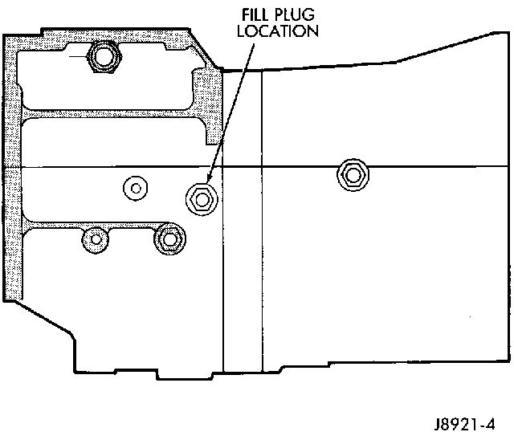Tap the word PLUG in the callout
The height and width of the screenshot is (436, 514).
(x=294, y=14)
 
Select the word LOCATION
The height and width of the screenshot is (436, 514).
(x=278, y=31)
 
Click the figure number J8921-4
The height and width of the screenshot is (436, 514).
(x=464, y=424)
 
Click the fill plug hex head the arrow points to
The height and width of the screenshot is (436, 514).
(x=202, y=199)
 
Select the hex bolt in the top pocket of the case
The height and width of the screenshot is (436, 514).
(x=104, y=56)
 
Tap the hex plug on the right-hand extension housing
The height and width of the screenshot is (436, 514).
(x=353, y=175)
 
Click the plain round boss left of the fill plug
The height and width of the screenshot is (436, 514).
(x=136, y=188)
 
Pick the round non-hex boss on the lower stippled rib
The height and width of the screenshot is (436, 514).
(x=96, y=239)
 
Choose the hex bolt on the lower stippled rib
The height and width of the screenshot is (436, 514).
(x=169, y=239)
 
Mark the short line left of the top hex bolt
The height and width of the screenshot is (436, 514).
(x=78, y=57)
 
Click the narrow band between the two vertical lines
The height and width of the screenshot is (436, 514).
(x=243, y=222)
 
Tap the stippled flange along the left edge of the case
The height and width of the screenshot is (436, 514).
(x=13, y=167)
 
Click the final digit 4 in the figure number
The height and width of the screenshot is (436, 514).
(x=490, y=424)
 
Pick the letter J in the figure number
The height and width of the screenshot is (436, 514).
(x=438, y=425)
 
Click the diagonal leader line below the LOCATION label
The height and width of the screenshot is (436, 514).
(x=231, y=111)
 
